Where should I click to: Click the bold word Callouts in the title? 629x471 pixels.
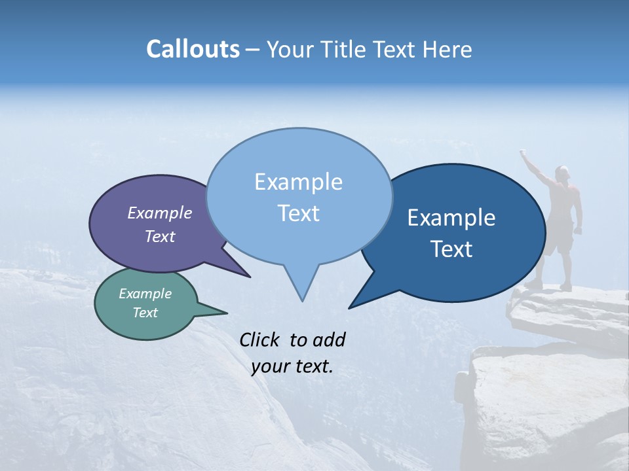tap(193, 49)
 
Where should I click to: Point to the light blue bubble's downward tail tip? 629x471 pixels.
tap(302, 300)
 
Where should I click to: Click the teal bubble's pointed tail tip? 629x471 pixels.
tap(227, 312)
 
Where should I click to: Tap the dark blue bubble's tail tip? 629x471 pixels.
tap(349, 307)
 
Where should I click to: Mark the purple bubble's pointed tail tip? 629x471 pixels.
tap(250, 277)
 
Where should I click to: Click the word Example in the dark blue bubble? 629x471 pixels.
tap(451, 218)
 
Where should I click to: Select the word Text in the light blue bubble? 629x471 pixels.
tap(299, 213)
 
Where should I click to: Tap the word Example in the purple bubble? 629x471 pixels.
tap(160, 213)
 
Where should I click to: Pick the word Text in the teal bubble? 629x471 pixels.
tap(145, 313)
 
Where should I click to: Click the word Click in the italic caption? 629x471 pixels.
tap(261, 340)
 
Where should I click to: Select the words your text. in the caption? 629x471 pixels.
tap(292, 366)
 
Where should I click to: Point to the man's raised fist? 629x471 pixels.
tap(524, 152)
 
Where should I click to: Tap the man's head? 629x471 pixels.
tap(563, 173)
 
